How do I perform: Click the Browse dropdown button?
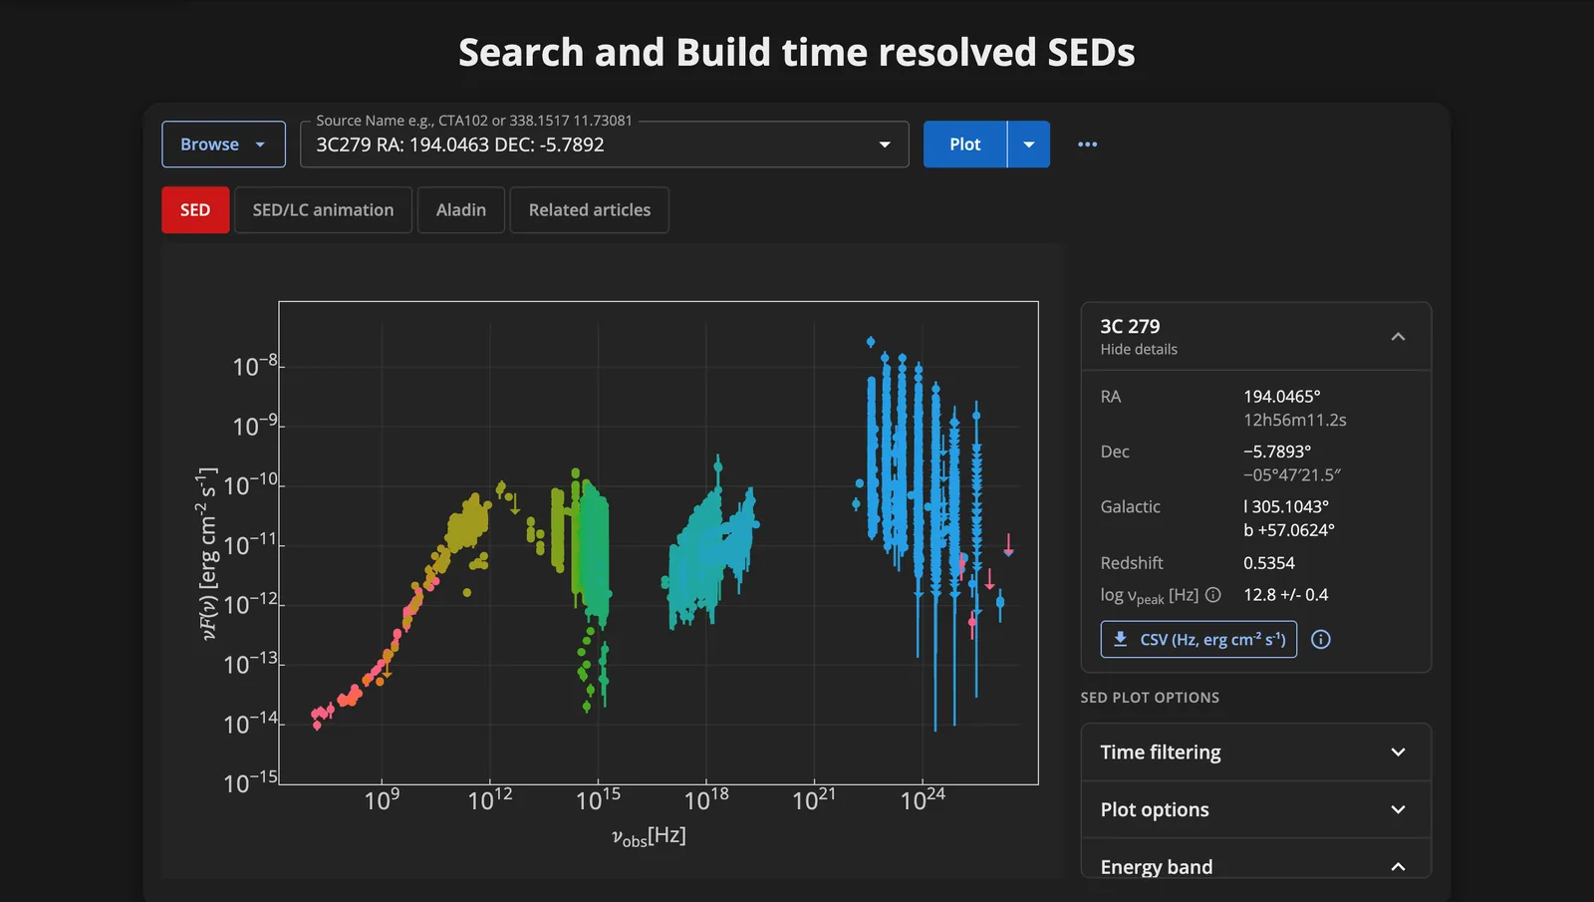223,145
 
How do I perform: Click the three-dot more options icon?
1087,145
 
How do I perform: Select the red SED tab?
195,210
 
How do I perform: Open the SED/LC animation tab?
323,210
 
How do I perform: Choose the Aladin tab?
461,210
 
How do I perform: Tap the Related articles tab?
589,210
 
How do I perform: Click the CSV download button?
1198,639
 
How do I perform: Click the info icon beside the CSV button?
1321,639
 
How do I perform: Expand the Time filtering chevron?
1399,752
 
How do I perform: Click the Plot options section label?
1155,810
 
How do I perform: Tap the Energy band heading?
1157,867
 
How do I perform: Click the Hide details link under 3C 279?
1139,350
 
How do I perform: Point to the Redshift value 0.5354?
1269,563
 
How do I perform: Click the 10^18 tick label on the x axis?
706,800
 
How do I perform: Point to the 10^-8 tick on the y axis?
255,366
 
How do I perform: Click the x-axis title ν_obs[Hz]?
649,836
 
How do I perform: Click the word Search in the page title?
521,53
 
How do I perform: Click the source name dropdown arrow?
885,145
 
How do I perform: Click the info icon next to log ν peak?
1213,595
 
